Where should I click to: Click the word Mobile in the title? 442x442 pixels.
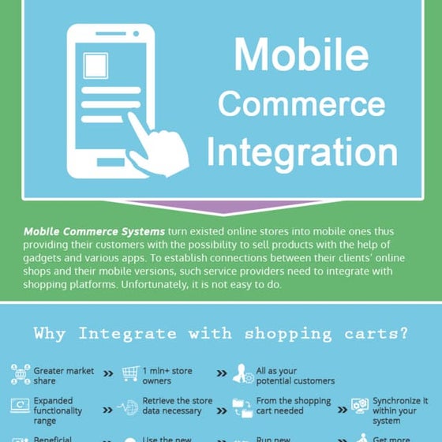pos(302,55)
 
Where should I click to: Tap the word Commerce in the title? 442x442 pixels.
pos(302,104)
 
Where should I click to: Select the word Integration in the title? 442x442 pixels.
pos(302,152)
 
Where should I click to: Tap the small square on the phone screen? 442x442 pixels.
pos(96,65)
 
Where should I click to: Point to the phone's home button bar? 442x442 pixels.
pos(110,163)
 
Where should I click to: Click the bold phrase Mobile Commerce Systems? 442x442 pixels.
pos(95,231)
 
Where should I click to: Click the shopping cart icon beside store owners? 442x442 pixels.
pos(129,374)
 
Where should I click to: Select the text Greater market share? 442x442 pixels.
pos(63,375)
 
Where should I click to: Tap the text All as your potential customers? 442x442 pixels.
pos(285,375)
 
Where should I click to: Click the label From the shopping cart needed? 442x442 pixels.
pos(293,406)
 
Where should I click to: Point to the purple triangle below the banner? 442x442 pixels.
pos(221,207)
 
